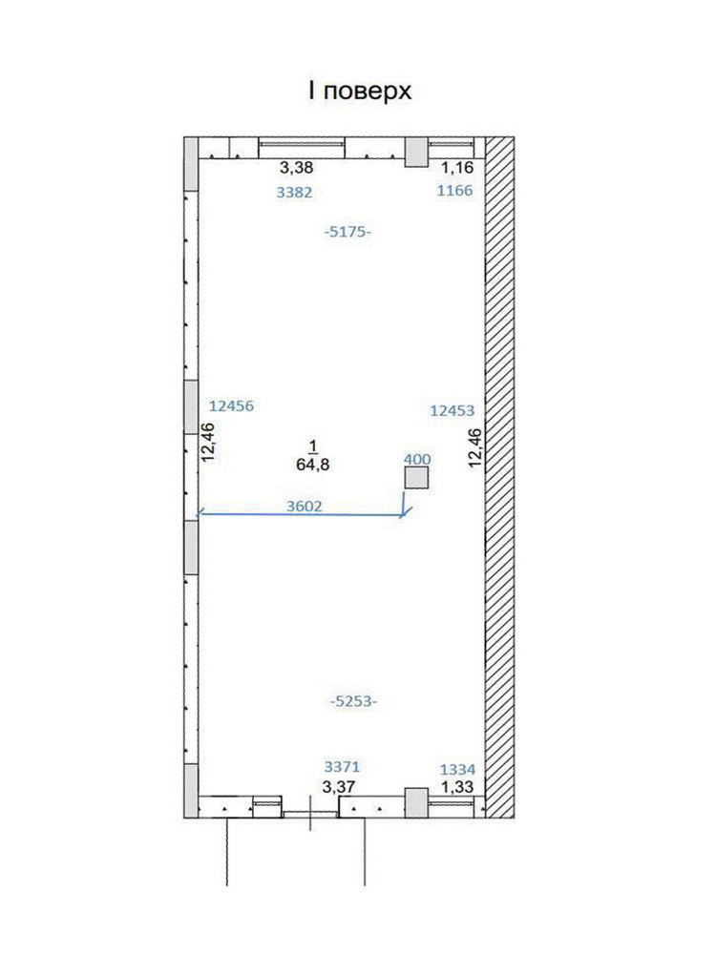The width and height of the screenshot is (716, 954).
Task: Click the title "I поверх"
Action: (x=360, y=92)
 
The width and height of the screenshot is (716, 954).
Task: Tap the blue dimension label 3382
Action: (x=294, y=193)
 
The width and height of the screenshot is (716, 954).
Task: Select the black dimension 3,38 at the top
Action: (x=296, y=167)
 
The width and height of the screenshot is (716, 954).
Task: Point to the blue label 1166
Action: (x=454, y=191)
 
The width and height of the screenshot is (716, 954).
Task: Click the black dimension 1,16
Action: (x=457, y=167)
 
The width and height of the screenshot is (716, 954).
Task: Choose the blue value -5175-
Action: (x=347, y=232)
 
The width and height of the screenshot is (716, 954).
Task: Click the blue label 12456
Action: (x=231, y=405)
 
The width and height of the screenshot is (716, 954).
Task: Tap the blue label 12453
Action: (x=453, y=410)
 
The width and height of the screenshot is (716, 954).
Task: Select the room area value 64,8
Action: (x=313, y=465)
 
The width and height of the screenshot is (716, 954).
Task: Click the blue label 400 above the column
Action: (x=418, y=460)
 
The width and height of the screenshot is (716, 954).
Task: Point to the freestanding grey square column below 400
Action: (x=417, y=478)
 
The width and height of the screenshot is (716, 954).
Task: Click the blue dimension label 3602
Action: (x=304, y=506)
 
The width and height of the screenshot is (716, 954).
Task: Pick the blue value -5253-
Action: (x=354, y=701)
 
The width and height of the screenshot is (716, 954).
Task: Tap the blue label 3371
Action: (x=342, y=767)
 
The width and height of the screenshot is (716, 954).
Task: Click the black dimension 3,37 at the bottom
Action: (x=339, y=787)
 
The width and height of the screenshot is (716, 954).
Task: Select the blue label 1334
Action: (x=458, y=770)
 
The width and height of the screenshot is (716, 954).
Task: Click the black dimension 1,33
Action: (x=457, y=787)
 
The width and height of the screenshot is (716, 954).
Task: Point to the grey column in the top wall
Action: (x=417, y=152)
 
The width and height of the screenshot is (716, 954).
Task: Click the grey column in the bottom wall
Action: (x=417, y=802)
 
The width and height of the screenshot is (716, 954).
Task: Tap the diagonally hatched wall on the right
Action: (x=500, y=477)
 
